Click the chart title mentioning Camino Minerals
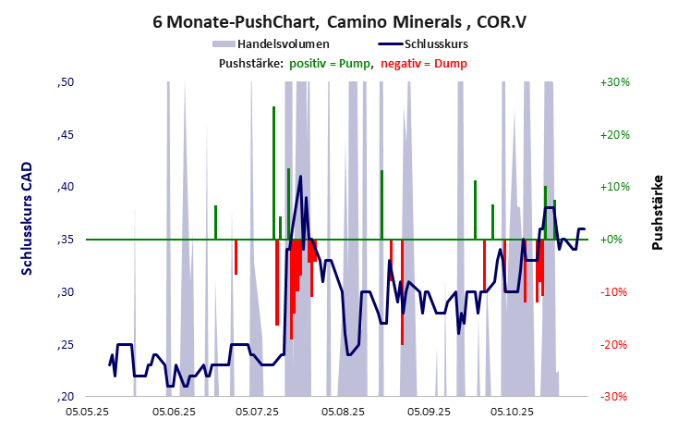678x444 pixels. click(x=339, y=19)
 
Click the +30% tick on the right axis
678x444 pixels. click(x=614, y=82)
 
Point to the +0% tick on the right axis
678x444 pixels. click(x=614, y=240)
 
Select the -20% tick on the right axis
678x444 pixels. click(x=614, y=344)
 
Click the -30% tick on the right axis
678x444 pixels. click(x=614, y=397)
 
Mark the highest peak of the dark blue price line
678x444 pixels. click(x=300, y=176)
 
